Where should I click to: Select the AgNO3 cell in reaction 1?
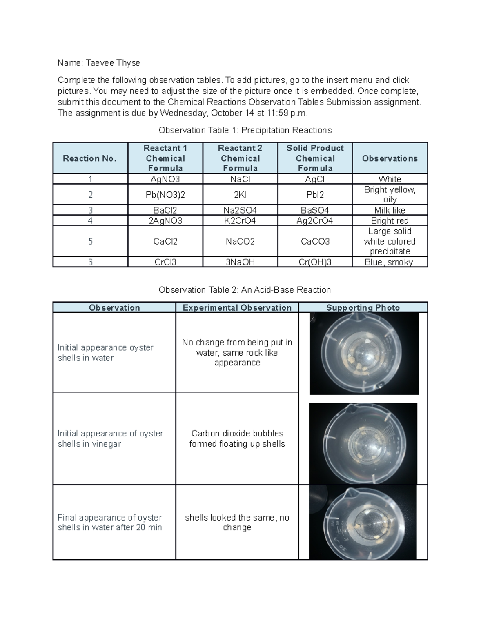(x=165, y=179)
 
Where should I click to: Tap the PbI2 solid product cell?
(x=315, y=195)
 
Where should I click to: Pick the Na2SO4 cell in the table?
(x=240, y=210)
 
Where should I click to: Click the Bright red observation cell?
(x=390, y=221)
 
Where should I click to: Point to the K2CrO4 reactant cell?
(x=240, y=221)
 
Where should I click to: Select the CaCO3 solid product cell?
(x=315, y=241)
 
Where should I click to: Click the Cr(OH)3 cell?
(x=315, y=262)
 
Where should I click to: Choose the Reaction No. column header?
(x=90, y=158)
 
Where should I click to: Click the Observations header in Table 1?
(x=390, y=158)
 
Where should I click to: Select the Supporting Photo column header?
(x=363, y=307)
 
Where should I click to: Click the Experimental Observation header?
(x=237, y=307)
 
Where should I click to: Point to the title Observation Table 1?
(x=245, y=130)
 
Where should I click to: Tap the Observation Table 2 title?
(x=245, y=290)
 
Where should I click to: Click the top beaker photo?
(x=364, y=354)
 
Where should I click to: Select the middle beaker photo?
(x=363, y=443)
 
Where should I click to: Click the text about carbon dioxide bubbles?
(x=237, y=438)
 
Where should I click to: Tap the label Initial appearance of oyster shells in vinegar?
(x=110, y=438)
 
